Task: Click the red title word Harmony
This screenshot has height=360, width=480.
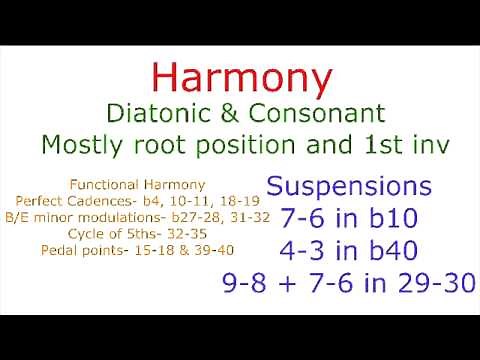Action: (241, 77)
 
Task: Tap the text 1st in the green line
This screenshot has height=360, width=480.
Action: (371, 145)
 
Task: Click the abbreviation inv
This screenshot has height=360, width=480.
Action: (425, 145)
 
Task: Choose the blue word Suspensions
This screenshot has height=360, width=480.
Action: (350, 188)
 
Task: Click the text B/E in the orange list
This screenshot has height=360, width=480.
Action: (17, 215)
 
